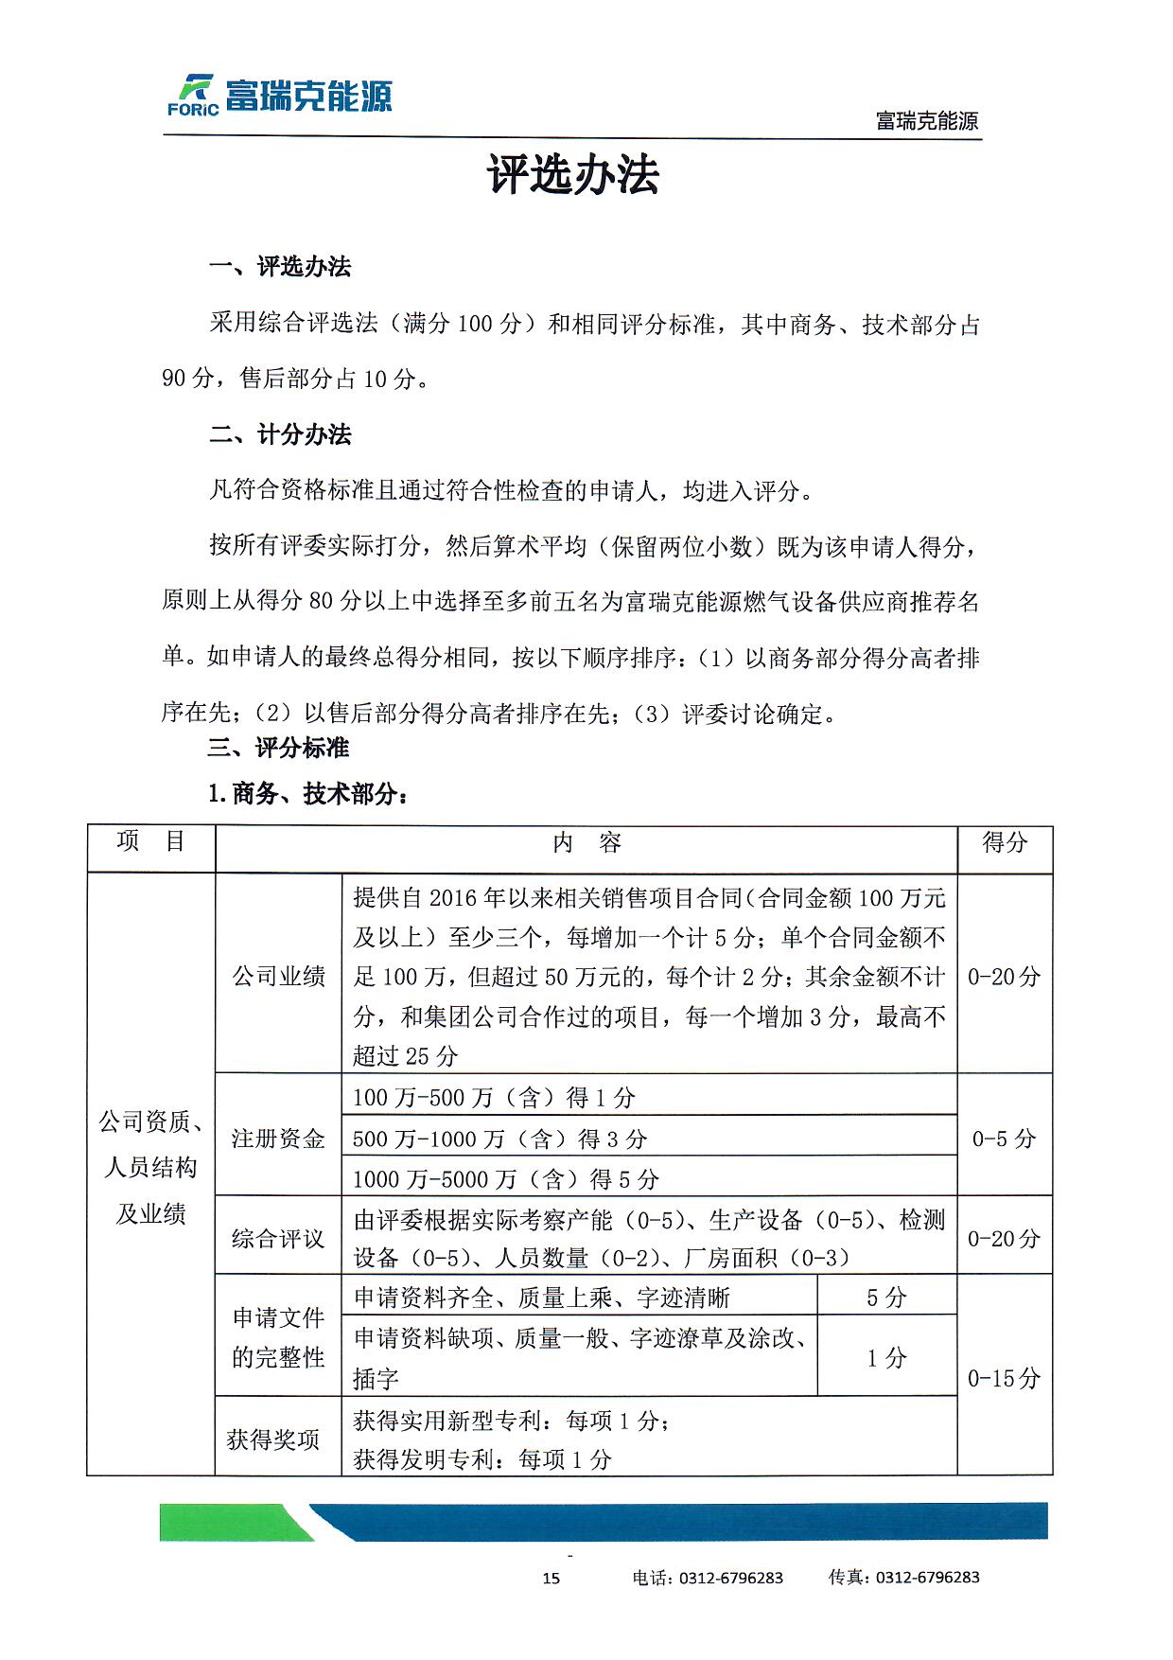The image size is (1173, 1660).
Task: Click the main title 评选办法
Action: pyautogui.click(x=573, y=176)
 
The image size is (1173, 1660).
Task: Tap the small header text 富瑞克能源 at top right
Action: pyautogui.click(x=926, y=121)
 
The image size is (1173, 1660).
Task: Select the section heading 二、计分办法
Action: pyautogui.click(x=280, y=435)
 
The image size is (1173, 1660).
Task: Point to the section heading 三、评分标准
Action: pyautogui.click(x=278, y=749)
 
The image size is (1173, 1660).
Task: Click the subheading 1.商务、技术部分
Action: pyautogui.click(x=308, y=794)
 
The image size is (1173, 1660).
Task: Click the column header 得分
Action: pyautogui.click(x=1005, y=842)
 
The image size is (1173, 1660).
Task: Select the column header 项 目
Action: pyautogui.click(x=151, y=841)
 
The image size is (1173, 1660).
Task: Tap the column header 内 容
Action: pyautogui.click(x=586, y=843)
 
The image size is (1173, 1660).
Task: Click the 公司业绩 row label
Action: pyautogui.click(x=278, y=976)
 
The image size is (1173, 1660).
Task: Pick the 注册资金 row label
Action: pyautogui.click(x=278, y=1139)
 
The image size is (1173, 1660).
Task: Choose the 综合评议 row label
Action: pyautogui.click(x=278, y=1239)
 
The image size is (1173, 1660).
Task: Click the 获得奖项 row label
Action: pyautogui.click(x=273, y=1440)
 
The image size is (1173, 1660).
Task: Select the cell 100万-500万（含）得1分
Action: pyautogui.click(x=494, y=1098)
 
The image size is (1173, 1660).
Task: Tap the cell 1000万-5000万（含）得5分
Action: pyautogui.click(x=505, y=1179)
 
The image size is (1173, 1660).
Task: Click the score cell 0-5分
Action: pyautogui.click(x=1005, y=1139)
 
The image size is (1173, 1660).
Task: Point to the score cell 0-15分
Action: pyautogui.click(x=1005, y=1378)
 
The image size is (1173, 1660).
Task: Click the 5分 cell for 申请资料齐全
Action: pyautogui.click(x=886, y=1298)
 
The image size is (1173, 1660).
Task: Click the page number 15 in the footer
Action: pyautogui.click(x=551, y=1578)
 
